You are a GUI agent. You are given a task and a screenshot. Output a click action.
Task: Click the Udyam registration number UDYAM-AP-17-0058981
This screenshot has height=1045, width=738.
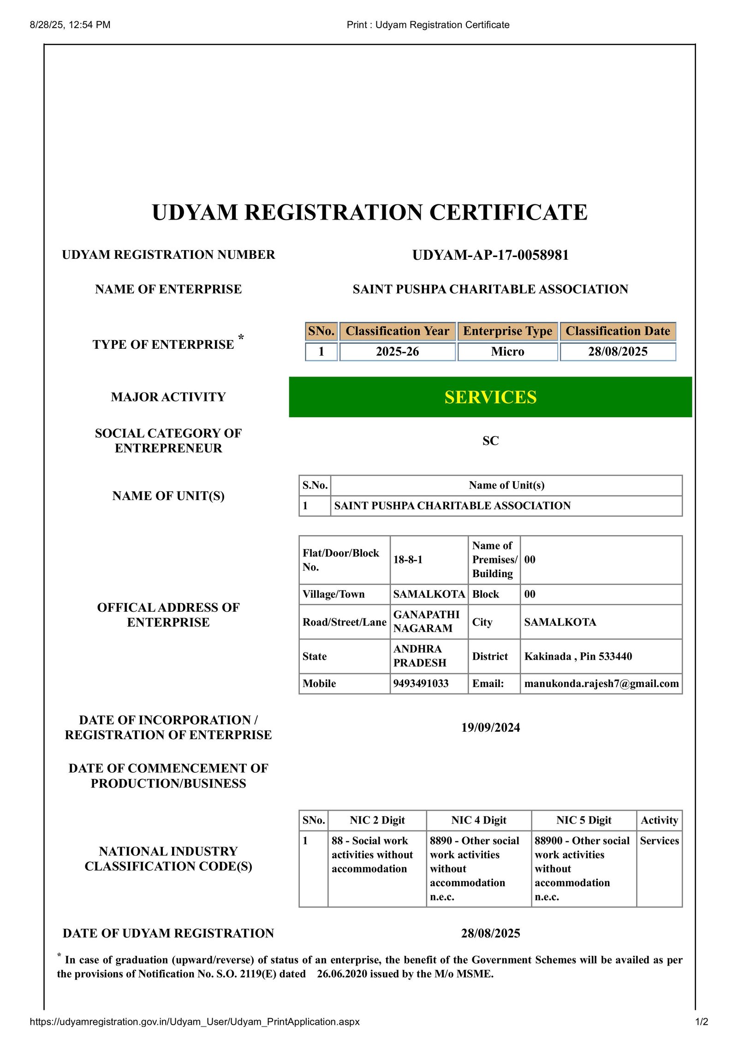pyautogui.click(x=490, y=255)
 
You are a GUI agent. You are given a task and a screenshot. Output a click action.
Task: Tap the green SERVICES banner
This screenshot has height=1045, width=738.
pyautogui.click(x=490, y=397)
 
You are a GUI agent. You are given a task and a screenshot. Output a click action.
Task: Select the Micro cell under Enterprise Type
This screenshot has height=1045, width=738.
pyautogui.click(x=507, y=352)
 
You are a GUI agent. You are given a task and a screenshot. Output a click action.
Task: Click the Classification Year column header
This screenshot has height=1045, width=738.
pyautogui.click(x=397, y=331)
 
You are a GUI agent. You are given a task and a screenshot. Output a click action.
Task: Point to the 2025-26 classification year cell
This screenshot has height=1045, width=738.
pyautogui.click(x=397, y=352)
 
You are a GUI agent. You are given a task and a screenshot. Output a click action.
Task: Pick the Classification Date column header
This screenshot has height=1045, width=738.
pyautogui.click(x=618, y=331)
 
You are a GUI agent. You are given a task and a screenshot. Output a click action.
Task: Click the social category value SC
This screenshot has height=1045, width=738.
pyautogui.click(x=490, y=441)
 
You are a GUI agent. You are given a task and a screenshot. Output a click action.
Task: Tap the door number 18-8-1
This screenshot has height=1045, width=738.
pyautogui.click(x=408, y=560)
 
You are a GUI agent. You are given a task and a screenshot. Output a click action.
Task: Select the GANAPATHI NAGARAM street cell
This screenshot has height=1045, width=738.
pyautogui.click(x=426, y=621)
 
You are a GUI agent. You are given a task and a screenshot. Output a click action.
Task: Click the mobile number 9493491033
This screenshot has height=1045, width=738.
pyautogui.click(x=421, y=683)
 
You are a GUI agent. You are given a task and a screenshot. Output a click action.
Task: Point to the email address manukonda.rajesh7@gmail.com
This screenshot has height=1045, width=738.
pyautogui.click(x=601, y=683)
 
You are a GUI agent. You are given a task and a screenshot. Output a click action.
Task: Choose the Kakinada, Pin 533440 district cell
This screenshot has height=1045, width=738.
pyautogui.click(x=578, y=656)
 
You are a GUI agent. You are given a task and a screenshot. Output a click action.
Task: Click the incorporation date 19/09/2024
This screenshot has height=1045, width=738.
pyautogui.click(x=490, y=728)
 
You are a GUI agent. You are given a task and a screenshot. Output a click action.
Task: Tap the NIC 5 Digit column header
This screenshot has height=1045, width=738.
pyautogui.click(x=583, y=820)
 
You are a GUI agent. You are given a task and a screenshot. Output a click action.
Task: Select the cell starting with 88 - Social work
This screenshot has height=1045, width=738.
pyautogui.click(x=372, y=854)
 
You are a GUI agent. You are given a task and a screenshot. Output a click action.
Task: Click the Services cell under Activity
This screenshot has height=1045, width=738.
pyautogui.click(x=659, y=841)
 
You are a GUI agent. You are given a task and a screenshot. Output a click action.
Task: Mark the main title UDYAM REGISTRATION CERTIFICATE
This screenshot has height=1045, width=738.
pyautogui.click(x=369, y=213)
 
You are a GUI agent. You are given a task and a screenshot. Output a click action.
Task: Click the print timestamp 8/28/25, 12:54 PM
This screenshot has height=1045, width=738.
pyautogui.click(x=70, y=25)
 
